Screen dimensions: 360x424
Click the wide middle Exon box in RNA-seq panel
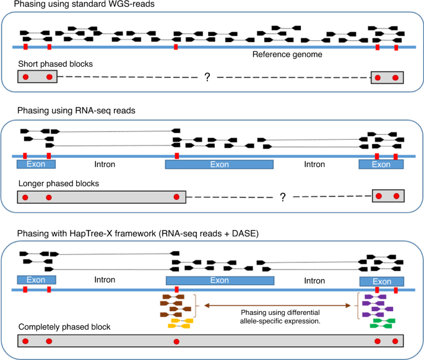click(220, 165)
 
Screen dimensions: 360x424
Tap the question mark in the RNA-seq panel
click(282, 197)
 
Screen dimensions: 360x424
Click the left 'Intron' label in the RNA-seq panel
click(105, 165)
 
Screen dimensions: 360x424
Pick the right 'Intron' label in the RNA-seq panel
click(316, 165)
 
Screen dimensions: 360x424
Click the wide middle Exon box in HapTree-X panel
click(220, 280)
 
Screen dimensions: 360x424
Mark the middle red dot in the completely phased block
click(176, 341)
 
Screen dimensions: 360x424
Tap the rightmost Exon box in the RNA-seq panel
click(381, 165)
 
